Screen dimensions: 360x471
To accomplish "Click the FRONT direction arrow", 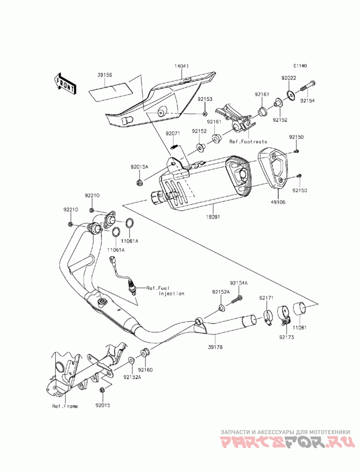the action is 64,84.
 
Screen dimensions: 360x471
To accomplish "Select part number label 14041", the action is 181,66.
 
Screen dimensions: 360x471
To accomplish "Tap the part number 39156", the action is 104,75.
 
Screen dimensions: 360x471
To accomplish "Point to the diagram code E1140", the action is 300,66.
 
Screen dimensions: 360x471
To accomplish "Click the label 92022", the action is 289,78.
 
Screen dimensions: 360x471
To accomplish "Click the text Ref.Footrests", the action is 248,142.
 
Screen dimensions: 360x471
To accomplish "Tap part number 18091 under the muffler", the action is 213,216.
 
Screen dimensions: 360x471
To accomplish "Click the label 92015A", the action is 139,167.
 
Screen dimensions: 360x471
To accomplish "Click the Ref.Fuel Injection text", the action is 165,291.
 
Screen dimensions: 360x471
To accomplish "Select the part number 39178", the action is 215,347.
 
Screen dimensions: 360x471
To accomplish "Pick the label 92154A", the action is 239,283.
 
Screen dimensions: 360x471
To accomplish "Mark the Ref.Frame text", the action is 65,406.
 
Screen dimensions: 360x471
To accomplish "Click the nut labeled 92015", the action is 102,390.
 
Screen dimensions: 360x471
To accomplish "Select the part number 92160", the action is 145,370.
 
